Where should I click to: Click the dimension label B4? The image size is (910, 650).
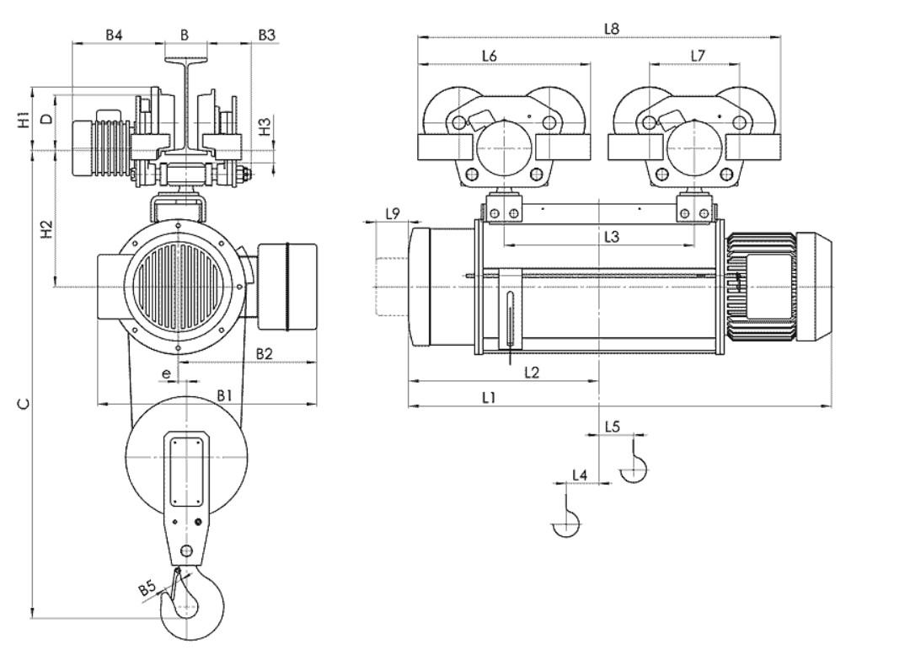pos(114,35)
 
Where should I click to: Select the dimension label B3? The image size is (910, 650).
pos(266,35)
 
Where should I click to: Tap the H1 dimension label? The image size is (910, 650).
pos(24,119)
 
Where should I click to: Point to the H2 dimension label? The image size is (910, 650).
pos(46,229)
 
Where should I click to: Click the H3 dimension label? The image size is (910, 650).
pos(264,127)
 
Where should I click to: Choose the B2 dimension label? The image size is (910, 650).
pos(264,354)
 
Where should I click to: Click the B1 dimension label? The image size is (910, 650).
pos(225,395)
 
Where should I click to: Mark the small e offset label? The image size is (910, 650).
pos(167,373)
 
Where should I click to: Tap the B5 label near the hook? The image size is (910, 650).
pos(147,589)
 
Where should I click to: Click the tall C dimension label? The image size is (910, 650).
pos(24,404)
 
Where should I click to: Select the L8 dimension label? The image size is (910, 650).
pos(612,28)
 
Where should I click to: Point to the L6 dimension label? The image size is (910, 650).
pos(490,56)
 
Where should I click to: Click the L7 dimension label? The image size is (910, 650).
pos(698,56)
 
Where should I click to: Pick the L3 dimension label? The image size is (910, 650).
pos(612,236)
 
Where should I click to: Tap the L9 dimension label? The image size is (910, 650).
pos(393,214)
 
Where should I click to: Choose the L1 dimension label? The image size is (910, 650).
pos(489,397)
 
